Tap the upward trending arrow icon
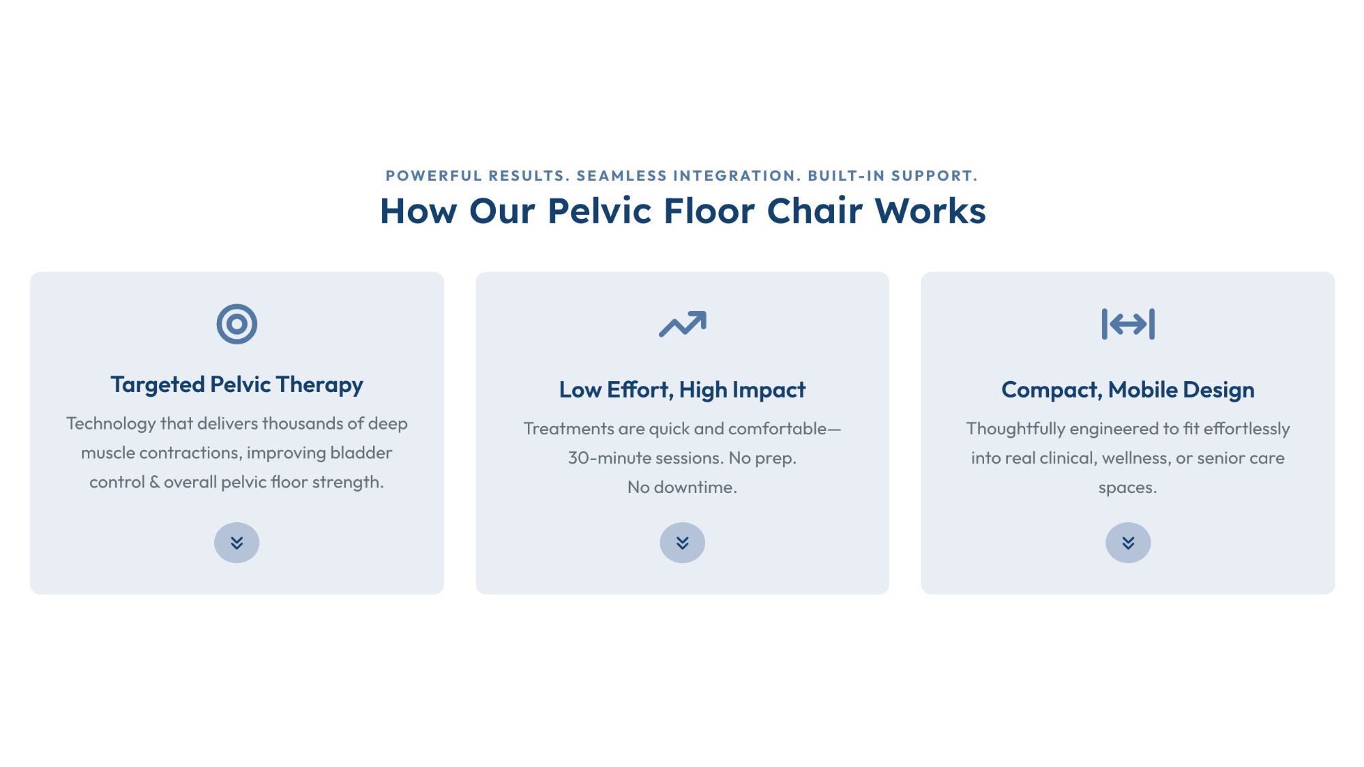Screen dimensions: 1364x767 682,325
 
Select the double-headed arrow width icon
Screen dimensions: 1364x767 1128,324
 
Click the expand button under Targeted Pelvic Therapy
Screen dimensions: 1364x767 237,543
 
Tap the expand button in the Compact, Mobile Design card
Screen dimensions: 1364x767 1128,543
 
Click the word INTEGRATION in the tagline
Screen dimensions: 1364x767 734,176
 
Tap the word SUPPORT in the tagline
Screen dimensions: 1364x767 931,176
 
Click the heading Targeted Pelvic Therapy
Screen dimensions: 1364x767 237,385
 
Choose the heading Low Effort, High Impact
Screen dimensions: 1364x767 682,390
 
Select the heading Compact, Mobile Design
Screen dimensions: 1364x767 1128,390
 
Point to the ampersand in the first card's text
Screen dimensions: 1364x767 155,482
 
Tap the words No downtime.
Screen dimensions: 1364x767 682,487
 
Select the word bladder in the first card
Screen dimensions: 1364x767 361,453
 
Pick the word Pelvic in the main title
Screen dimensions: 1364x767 600,211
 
